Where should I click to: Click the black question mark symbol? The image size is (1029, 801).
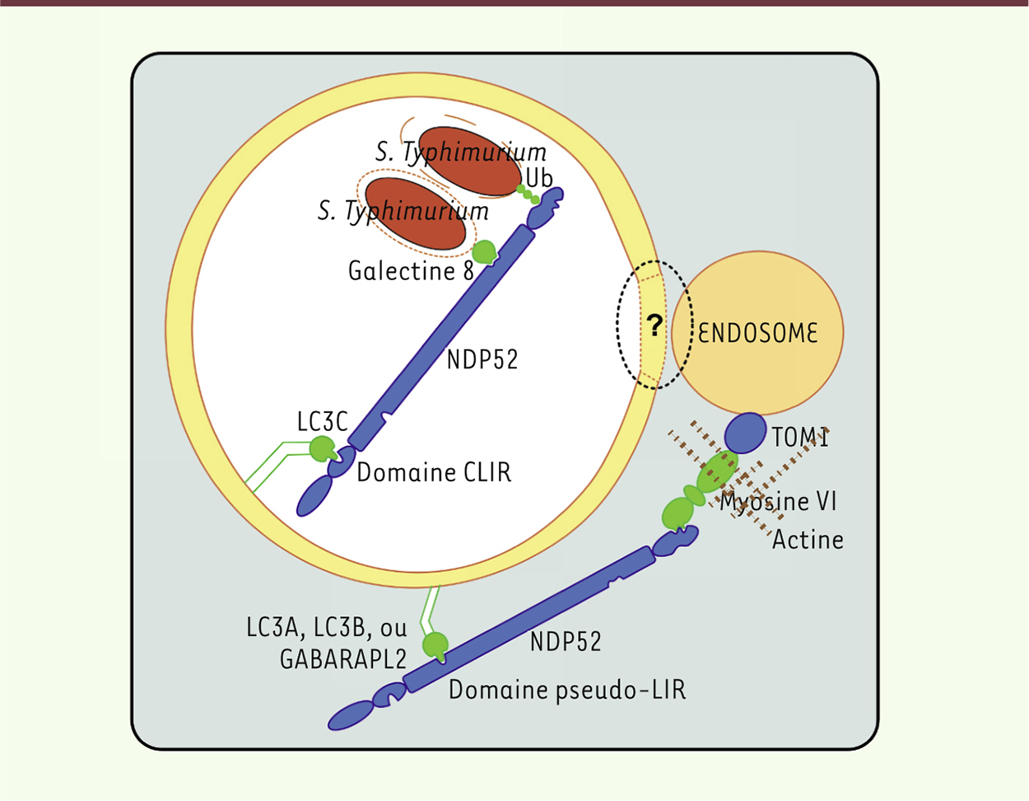pos(654,326)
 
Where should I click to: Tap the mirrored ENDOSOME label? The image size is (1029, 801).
pos(758,333)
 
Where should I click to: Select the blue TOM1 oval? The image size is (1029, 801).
pos(745,433)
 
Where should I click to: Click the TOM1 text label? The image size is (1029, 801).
pos(799,438)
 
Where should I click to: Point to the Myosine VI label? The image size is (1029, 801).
pos(778,501)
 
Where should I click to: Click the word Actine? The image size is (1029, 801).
pos(808,540)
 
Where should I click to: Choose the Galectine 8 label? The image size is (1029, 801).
pos(411,271)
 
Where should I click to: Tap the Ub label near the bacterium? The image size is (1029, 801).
pos(539,177)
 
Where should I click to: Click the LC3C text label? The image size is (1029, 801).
pos(323,422)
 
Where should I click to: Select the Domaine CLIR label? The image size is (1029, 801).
pos(434,473)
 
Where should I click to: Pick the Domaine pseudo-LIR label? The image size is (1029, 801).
pos(566,689)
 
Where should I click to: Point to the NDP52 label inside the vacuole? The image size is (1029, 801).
pos(482,359)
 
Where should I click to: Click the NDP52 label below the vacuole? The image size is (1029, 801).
pos(565,641)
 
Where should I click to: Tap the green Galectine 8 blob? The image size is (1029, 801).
pos(485,252)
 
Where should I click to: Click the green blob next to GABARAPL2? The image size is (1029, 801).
pos(435,644)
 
